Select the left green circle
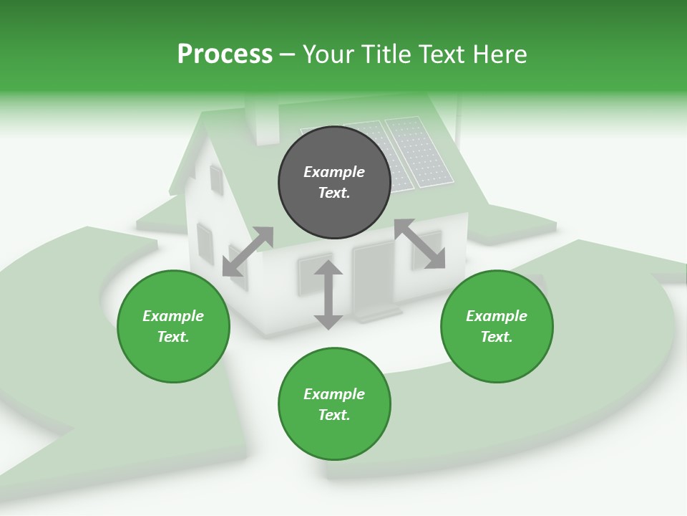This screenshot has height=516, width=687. [x=173, y=326]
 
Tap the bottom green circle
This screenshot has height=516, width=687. [x=334, y=404]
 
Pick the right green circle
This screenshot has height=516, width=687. [x=497, y=326]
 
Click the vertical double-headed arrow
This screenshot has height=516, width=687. [x=328, y=295]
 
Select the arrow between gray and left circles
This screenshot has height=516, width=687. [x=248, y=251]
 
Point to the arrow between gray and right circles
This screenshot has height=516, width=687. [x=420, y=244]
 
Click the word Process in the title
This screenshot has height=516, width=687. [x=225, y=54]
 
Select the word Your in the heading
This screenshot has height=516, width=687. [x=326, y=54]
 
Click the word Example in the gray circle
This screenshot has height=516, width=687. [x=334, y=172]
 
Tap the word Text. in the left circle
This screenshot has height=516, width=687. [x=173, y=337]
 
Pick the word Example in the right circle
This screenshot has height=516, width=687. [x=497, y=316]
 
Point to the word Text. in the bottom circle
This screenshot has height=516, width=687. [x=334, y=415]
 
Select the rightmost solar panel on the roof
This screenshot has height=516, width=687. [x=419, y=150]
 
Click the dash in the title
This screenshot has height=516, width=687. [x=287, y=54]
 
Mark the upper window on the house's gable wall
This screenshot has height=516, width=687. [x=215, y=179]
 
